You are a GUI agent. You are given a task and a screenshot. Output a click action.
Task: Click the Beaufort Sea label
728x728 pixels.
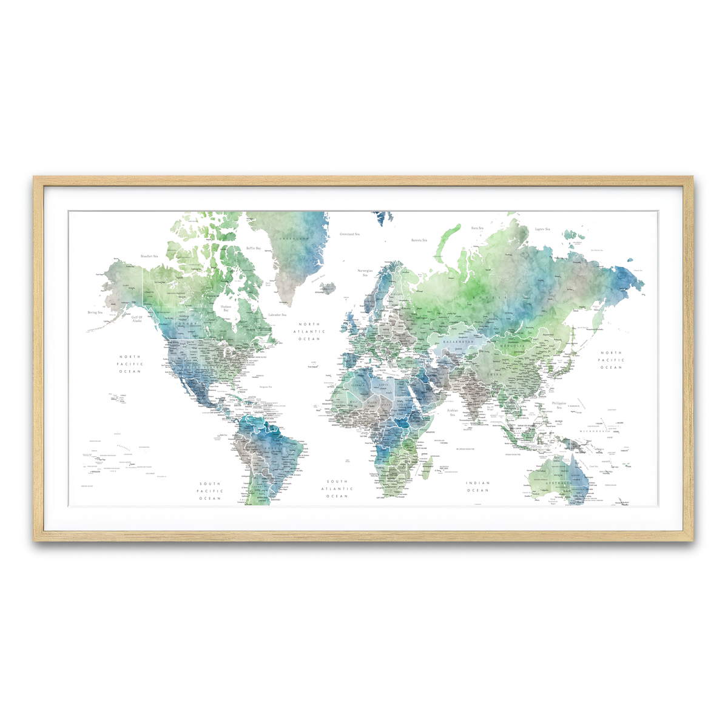point(149,256)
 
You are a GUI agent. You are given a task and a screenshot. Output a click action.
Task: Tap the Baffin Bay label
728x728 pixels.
point(254,248)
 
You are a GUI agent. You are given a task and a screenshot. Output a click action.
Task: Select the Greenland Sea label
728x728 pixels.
point(349,234)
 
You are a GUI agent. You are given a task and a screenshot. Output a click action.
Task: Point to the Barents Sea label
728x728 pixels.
point(419,240)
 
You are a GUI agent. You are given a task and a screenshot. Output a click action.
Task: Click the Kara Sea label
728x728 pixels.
point(477,228)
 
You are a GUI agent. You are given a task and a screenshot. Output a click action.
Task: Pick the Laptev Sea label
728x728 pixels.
point(542,229)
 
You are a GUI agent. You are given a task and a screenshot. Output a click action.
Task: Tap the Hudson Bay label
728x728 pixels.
point(226,308)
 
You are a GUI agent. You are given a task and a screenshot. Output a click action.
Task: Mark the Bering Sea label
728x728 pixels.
point(95,312)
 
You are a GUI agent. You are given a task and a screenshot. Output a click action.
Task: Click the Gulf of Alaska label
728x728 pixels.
point(137,318)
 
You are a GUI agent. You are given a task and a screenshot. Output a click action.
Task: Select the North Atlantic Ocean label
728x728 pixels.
point(309,331)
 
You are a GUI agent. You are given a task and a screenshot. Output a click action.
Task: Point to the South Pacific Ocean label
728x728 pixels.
point(210,491)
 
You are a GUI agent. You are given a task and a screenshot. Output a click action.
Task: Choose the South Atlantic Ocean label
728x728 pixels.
point(337,489)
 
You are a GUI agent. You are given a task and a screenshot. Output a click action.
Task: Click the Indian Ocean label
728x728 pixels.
point(477,487)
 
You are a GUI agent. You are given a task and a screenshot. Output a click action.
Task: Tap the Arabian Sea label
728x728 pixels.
point(453,413)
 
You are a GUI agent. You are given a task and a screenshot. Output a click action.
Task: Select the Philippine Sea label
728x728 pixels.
point(559,405)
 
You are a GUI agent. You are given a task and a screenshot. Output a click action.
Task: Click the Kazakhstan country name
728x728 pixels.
point(457,342)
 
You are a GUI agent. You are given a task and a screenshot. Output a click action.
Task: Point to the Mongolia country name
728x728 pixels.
point(512,346)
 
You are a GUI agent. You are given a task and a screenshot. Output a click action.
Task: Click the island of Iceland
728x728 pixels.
point(328,288)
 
